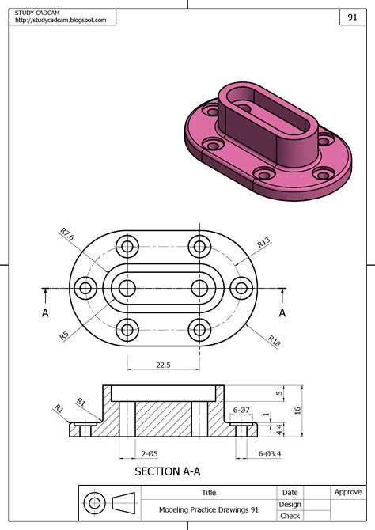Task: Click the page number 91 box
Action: pos(351,17)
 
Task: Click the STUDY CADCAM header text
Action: pos(38,12)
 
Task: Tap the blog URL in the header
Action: pos(60,21)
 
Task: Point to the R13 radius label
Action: pos(263,242)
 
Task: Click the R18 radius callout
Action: pos(274,340)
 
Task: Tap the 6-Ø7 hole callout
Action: pos(241,409)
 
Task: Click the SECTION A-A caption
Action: pos(167,471)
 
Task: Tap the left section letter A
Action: pos(45,312)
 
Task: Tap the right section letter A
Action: pos(282,312)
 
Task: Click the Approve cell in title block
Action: pos(347,492)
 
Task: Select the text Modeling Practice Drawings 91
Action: pos(209,509)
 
